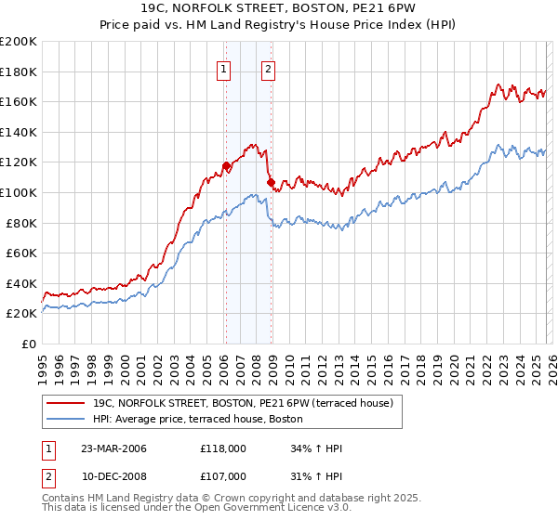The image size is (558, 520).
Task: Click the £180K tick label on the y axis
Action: click(19, 71)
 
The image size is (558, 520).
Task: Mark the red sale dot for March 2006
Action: click(226, 166)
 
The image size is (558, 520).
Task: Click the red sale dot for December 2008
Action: click(271, 183)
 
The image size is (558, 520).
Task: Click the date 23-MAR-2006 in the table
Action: click(113, 448)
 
